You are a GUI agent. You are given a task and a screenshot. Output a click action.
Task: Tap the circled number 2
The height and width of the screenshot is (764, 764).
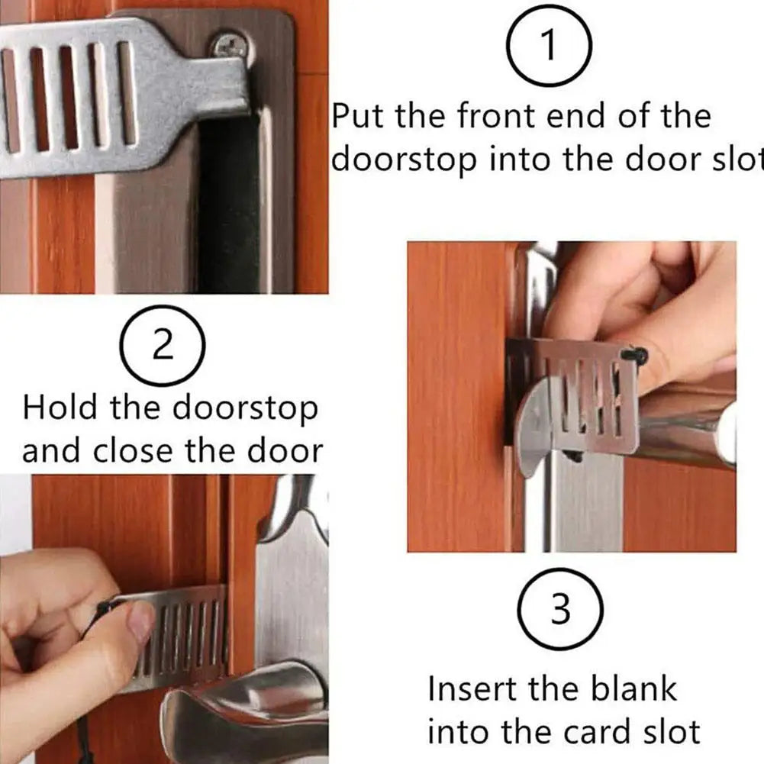163,347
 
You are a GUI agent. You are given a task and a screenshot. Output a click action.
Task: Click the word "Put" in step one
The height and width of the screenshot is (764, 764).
359,117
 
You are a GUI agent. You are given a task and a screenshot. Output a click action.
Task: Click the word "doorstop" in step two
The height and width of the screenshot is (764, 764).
244,408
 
